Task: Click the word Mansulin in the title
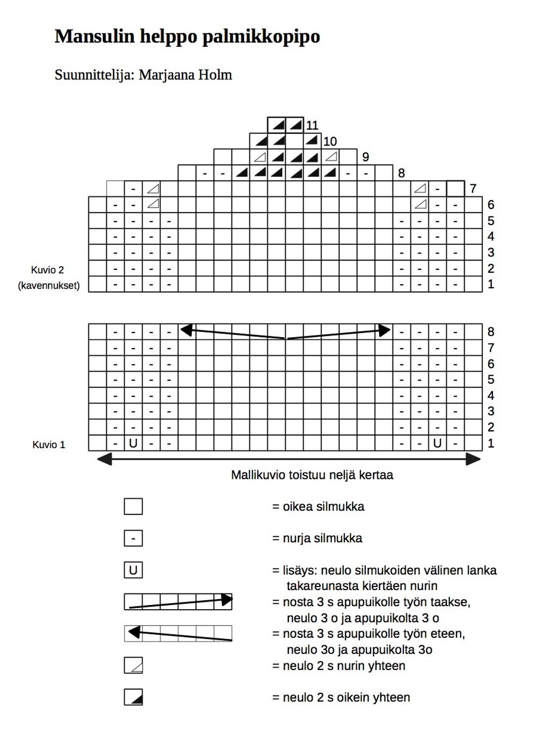94,36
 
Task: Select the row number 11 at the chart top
312,125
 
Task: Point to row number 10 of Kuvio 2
330,142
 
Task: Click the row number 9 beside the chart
366,157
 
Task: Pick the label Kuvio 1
49,445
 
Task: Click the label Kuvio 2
48,270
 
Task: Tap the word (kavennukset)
49,286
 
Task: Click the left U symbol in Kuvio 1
133,443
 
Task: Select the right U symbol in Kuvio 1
437,443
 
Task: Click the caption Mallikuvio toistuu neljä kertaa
312,475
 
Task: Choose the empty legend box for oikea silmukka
133,507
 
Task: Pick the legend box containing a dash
133,538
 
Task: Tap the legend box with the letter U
133,570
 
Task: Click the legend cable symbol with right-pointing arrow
178,602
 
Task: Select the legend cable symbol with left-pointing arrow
178,633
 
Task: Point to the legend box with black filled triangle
133,697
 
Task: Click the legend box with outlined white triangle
133,665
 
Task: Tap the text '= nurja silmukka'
317,538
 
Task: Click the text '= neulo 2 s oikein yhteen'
341,697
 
